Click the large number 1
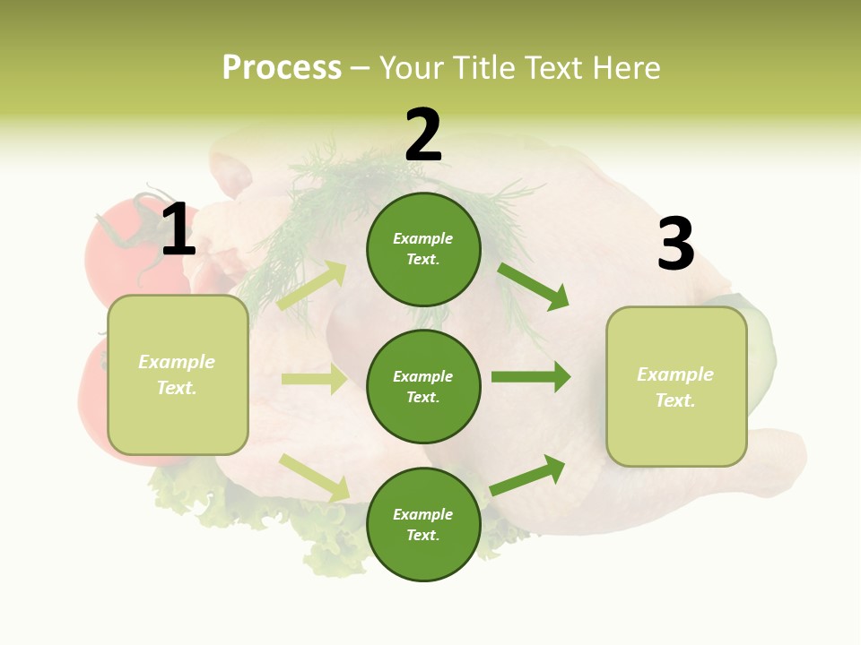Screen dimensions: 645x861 coord(178,230)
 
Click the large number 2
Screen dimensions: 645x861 coord(423,135)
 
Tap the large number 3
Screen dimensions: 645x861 coord(675,244)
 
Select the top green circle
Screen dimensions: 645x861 coord(423,249)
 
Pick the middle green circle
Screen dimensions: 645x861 coord(423,386)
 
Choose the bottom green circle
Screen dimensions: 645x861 coord(423,524)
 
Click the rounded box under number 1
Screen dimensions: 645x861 coord(178,374)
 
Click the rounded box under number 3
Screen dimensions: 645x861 coord(676,386)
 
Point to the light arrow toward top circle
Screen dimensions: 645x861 coord(311,286)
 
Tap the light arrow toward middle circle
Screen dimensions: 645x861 coord(314,379)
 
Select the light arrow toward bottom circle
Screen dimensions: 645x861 coord(314,477)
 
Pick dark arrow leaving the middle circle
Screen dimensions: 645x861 coord(530,377)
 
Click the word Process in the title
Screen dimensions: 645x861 coord(282,67)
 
